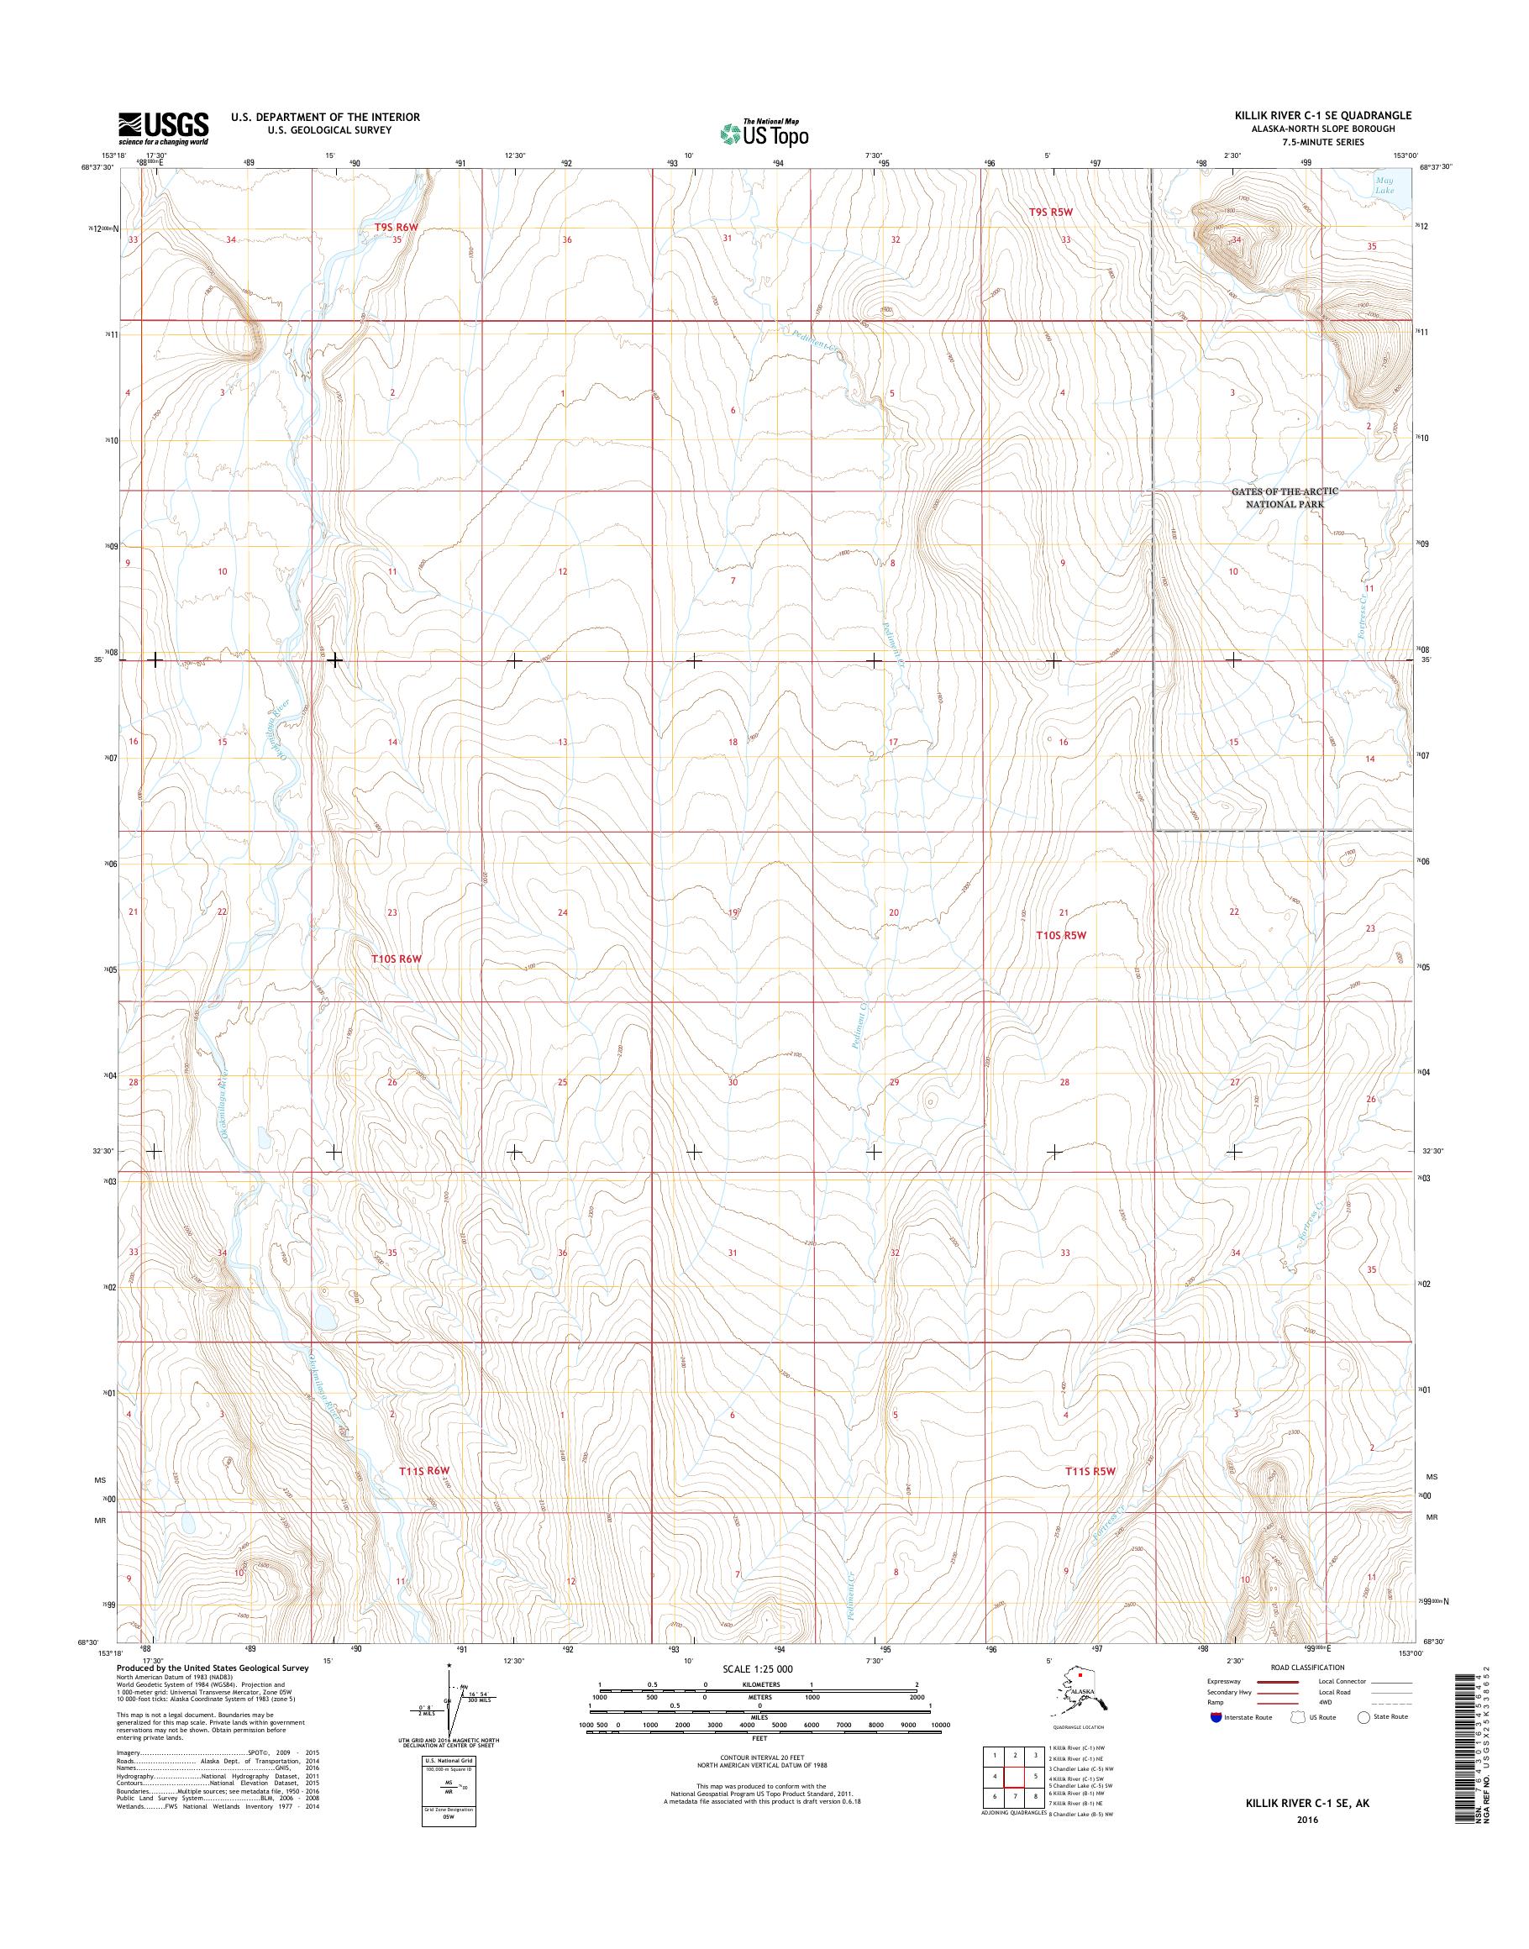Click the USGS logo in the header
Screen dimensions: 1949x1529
tap(163, 129)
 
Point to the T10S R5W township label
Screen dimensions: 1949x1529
tap(1061, 935)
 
